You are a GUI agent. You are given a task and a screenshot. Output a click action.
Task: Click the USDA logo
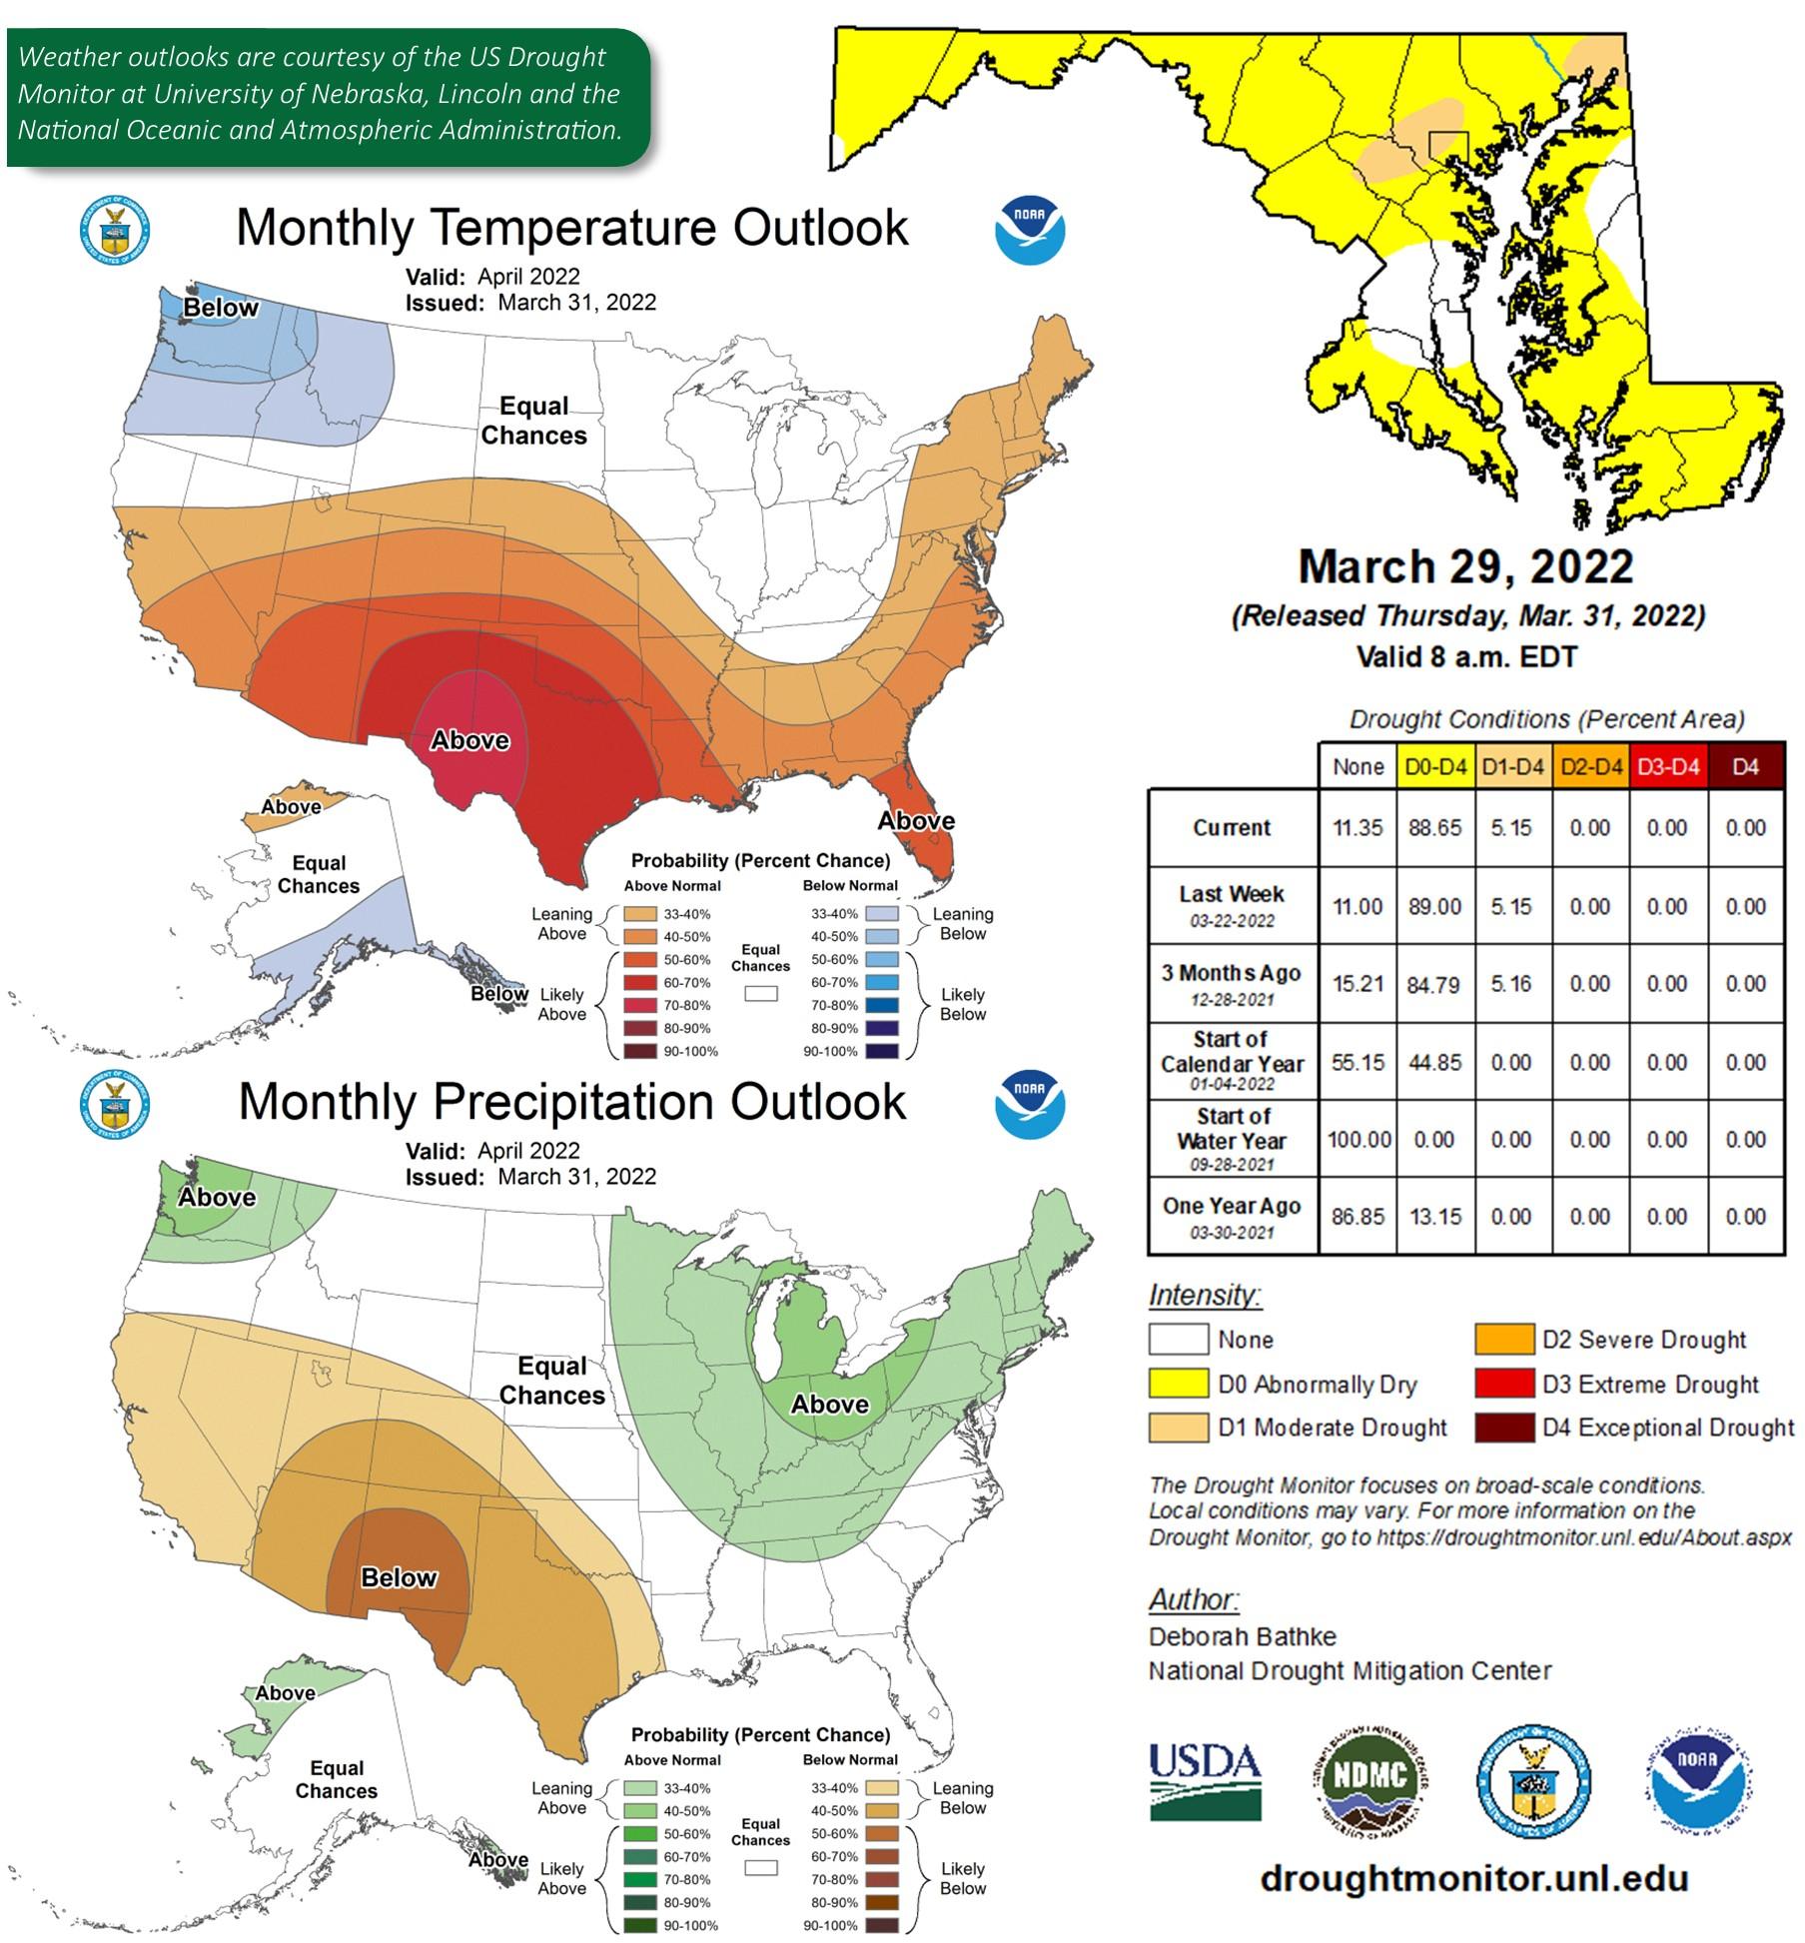(x=1204, y=1781)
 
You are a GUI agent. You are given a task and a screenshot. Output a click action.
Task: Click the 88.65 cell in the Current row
(x=1434, y=827)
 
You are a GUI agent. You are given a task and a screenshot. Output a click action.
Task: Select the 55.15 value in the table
(x=1357, y=1062)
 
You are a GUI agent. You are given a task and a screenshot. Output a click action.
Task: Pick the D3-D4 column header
(x=1667, y=767)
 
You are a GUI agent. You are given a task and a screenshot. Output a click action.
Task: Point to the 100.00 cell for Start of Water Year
(x=1357, y=1139)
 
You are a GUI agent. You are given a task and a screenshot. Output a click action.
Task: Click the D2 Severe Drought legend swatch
(x=1503, y=1339)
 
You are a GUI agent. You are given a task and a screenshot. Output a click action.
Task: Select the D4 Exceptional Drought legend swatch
(x=1503, y=1427)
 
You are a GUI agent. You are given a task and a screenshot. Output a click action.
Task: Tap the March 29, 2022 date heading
(x=1465, y=566)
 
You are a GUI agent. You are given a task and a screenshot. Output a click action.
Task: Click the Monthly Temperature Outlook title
(x=571, y=227)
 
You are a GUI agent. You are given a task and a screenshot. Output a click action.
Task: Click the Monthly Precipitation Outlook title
(x=571, y=1101)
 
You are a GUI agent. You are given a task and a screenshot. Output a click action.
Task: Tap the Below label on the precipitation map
(x=399, y=1577)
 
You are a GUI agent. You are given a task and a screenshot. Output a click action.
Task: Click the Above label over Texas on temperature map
(x=469, y=740)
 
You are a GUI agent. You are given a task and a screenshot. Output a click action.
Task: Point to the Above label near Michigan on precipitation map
(x=829, y=1404)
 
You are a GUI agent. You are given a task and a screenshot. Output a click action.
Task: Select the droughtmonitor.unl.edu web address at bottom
(x=1473, y=1877)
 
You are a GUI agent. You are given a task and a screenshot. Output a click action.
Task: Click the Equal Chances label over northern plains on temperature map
(x=533, y=421)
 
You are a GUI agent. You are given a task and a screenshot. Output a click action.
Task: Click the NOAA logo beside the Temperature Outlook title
(x=1029, y=230)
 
